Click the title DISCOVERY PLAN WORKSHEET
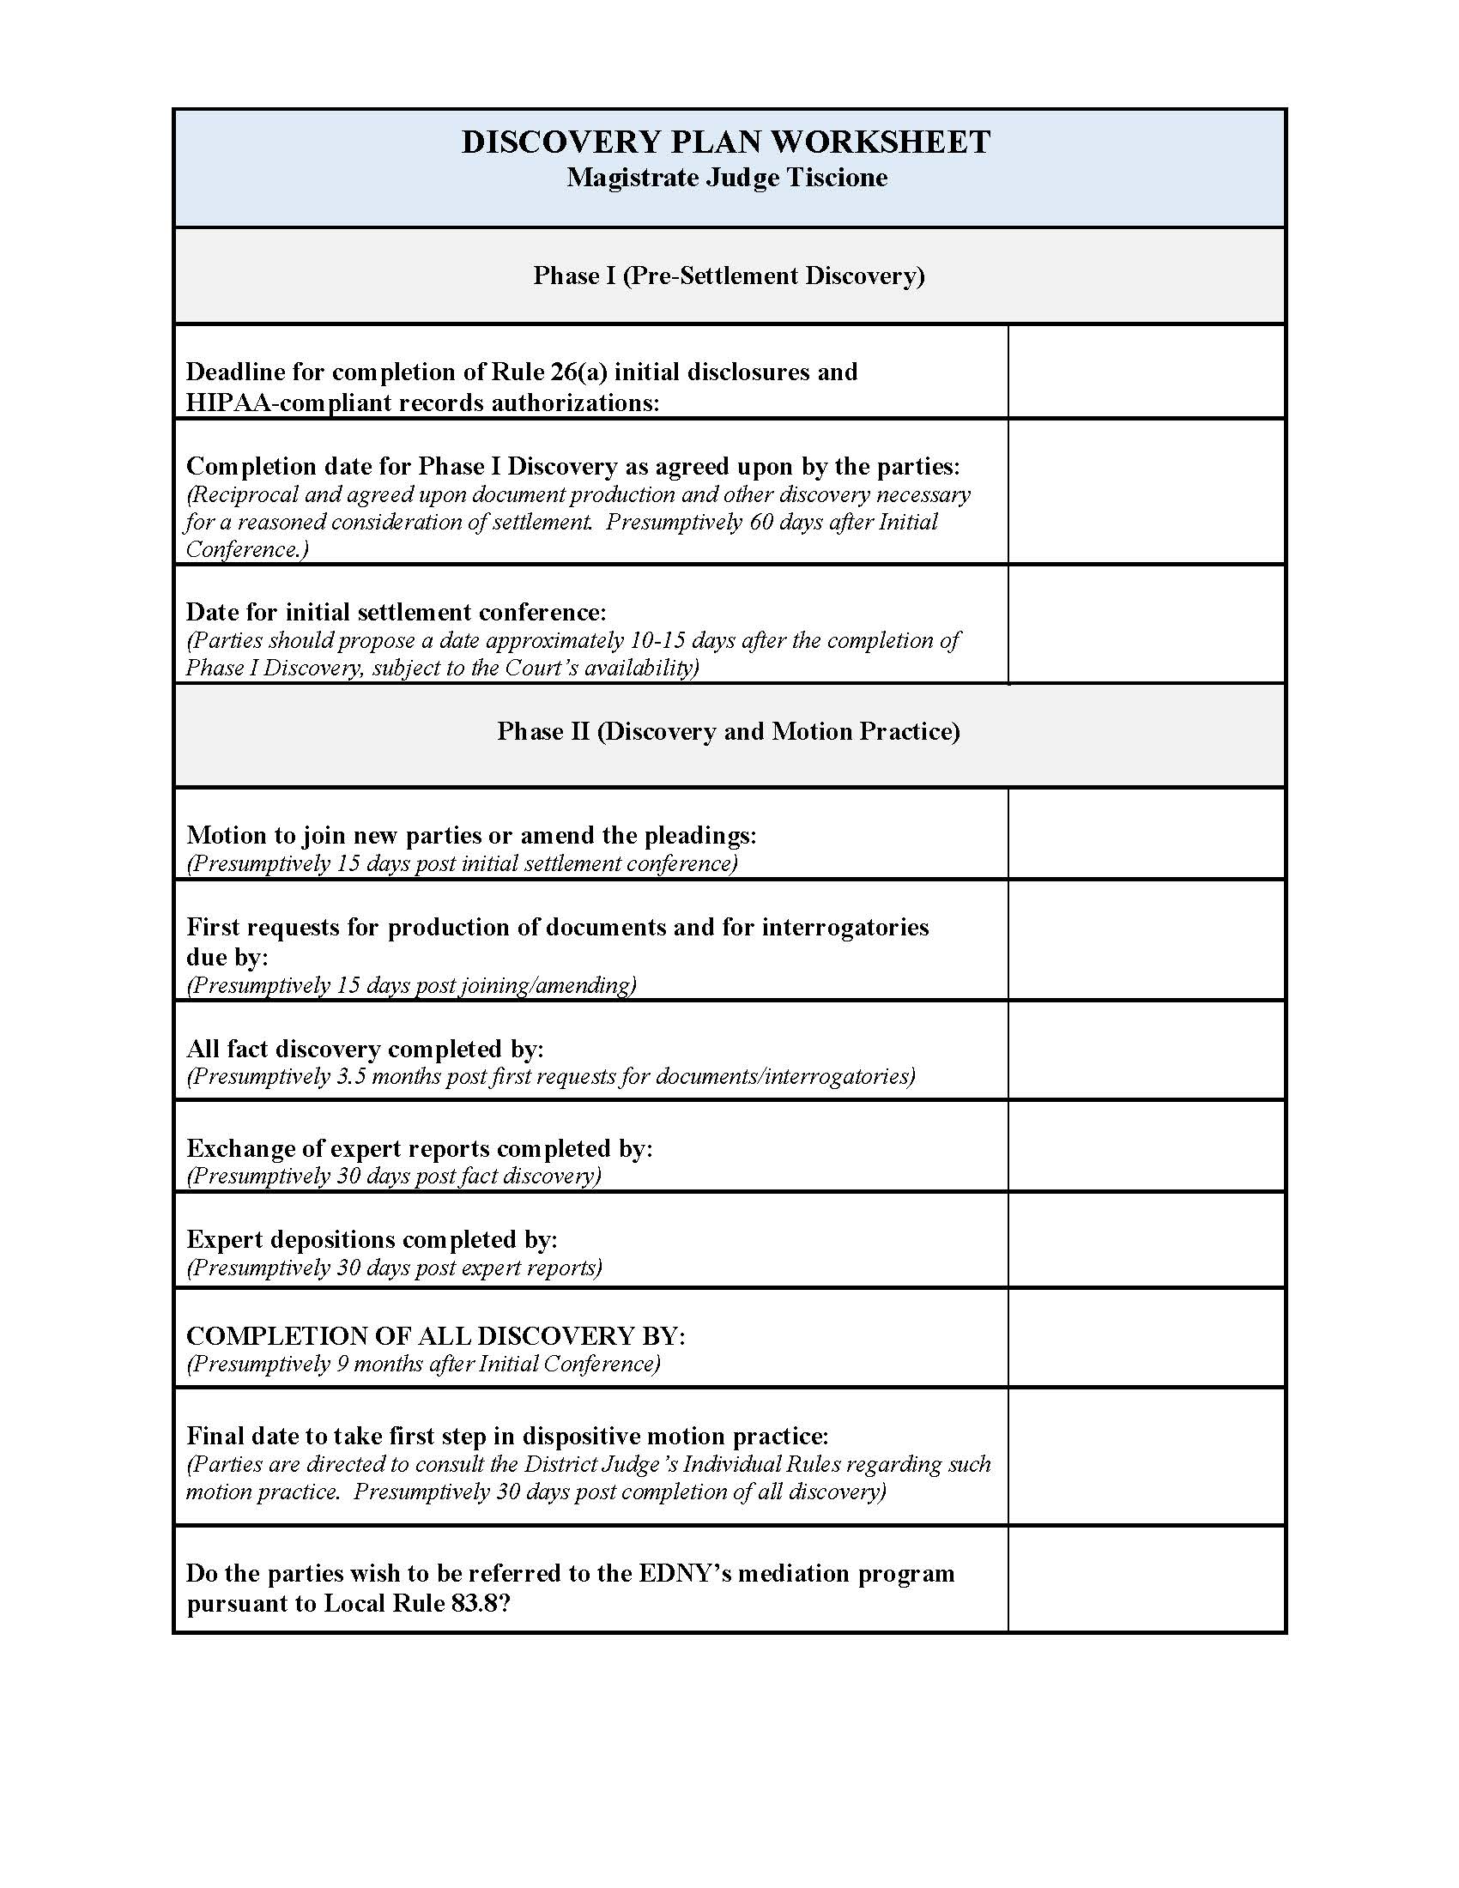[x=725, y=142]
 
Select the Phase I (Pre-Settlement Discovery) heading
[x=729, y=275]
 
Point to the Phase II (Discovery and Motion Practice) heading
[x=728, y=731]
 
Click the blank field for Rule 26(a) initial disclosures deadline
[x=1146, y=372]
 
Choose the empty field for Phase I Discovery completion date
[x=1146, y=492]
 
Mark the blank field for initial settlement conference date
[x=1146, y=624]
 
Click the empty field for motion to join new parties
[x=1146, y=833]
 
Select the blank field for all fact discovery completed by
[x=1146, y=1050]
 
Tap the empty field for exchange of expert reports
[x=1146, y=1147]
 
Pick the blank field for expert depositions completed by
[x=1146, y=1240]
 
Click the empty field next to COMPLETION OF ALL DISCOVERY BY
[x=1146, y=1337]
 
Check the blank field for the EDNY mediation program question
[x=1146, y=1578]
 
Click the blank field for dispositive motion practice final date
[x=1146, y=1455]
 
